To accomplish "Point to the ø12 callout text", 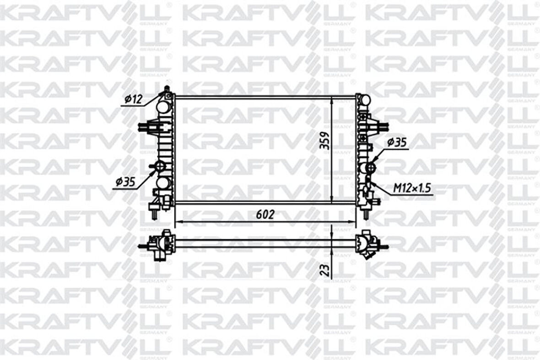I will coord(134,98).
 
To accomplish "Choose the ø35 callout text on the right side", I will coord(396,142).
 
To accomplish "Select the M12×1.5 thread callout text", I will coord(413,188).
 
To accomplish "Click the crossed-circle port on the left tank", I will coord(159,166).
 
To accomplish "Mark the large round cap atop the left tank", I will coord(163,107).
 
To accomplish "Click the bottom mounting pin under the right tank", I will coord(366,213).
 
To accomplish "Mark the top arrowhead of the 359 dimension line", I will coord(331,100).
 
